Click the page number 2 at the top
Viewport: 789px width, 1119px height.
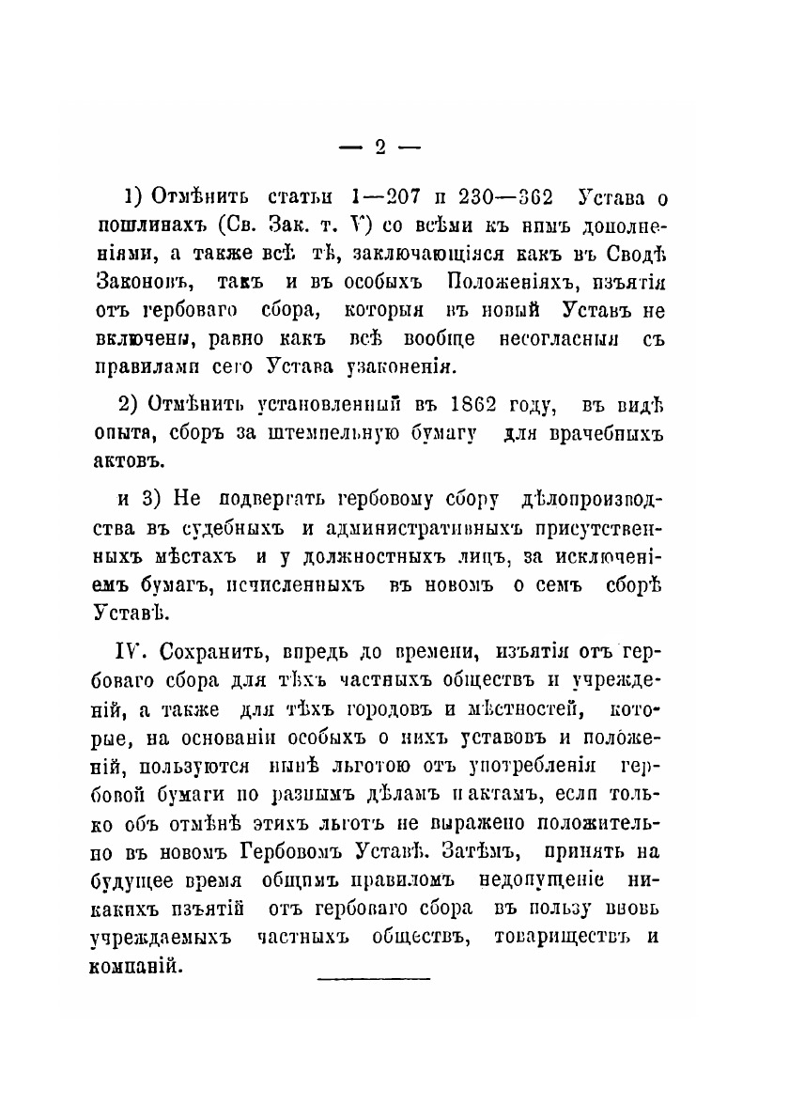pyautogui.click(x=380, y=147)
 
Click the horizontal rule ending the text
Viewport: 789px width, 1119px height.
pyautogui.click(x=374, y=979)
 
